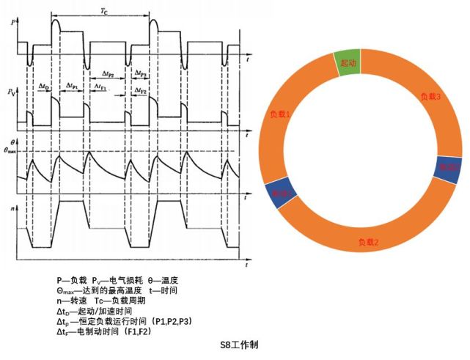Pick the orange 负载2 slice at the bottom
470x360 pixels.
[x=367, y=243]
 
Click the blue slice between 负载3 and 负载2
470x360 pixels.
[x=448, y=169]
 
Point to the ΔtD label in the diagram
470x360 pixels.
[x=45, y=88]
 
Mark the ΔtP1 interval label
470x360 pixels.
[x=72, y=86]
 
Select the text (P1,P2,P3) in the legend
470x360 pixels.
[x=173, y=321]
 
